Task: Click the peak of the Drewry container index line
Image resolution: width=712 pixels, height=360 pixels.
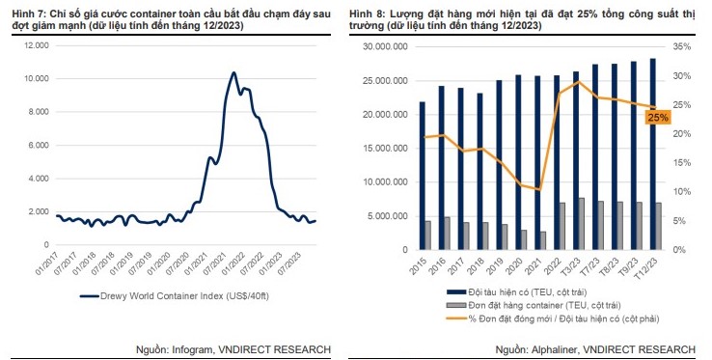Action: coord(233,73)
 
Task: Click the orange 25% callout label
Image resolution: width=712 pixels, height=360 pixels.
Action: coord(658,117)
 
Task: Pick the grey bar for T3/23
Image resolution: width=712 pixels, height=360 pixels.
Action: coord(580,224)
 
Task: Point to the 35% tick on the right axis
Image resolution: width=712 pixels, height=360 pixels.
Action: coord(682,46)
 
